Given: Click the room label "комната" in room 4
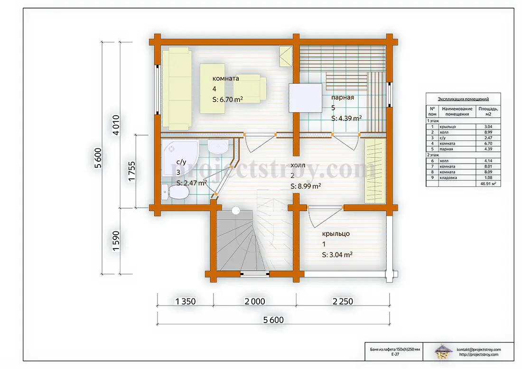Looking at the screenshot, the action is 226,79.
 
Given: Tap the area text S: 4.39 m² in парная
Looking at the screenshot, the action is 346,118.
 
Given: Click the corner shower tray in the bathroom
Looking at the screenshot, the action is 180,157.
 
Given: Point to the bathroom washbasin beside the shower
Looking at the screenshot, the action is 218,147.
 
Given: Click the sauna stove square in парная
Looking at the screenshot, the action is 305,98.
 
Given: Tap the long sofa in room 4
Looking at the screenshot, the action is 177,88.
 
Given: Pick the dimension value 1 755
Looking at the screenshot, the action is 132,171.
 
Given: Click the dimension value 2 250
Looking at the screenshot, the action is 343,302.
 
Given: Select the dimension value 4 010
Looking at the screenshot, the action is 116,125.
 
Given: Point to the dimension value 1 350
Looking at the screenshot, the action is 186,302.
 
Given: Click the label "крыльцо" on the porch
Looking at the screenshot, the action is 336,233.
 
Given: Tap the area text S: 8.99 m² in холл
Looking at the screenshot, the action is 306,186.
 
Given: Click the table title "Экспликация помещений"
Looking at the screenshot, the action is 463,99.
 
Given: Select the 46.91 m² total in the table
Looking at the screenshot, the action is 488,184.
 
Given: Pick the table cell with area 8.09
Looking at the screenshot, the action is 488,172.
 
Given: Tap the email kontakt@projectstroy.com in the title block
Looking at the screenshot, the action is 479,350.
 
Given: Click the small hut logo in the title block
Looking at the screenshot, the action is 444,352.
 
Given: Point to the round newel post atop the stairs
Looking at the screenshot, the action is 236,210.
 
